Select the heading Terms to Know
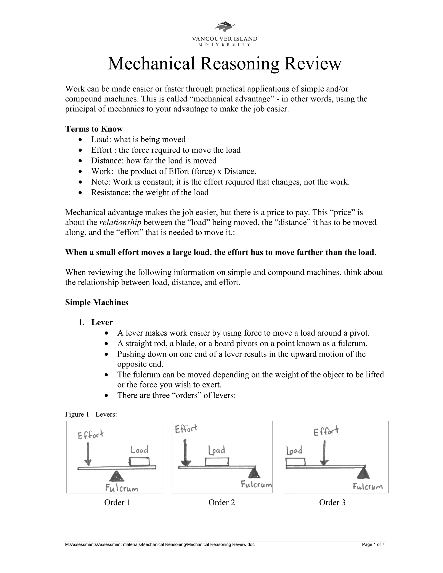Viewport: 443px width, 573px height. tap(94, 129)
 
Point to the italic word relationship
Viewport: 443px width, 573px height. tap(120, 222)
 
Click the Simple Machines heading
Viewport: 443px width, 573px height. tap(96, 303)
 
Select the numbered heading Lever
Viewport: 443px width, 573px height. tap(102, 322)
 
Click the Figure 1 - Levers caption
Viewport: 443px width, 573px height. tap(91, 414)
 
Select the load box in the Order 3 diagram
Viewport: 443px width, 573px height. tap(295, 462)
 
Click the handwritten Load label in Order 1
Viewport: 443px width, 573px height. tap(140, 450)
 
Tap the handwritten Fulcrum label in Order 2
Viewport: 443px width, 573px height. tap(256, 484)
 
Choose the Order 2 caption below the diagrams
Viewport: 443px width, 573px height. tap(221, 503)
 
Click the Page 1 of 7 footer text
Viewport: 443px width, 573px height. tap(373, 545)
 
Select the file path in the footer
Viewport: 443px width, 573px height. tap(160, 545)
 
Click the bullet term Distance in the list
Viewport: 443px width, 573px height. tap(108, 161)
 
